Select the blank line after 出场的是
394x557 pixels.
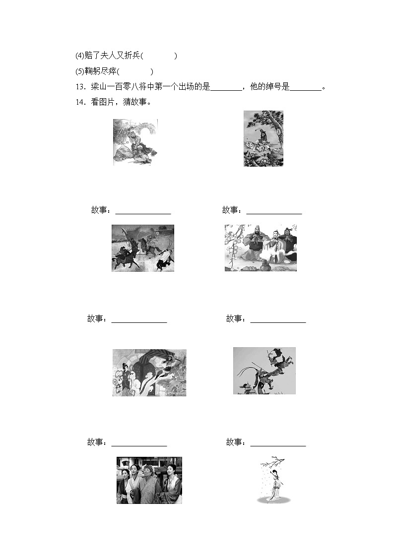226,88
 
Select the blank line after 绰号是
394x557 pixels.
305,88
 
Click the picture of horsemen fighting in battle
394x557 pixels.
142,248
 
